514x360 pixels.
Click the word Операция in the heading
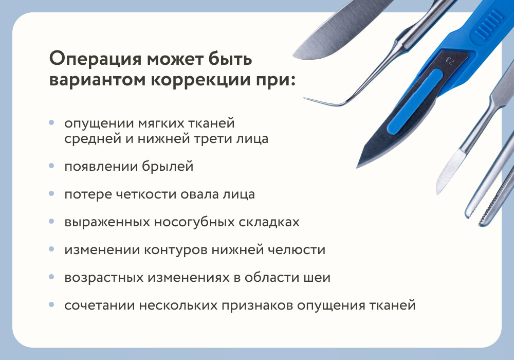(96, 59)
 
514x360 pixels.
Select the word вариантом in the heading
(97, 80)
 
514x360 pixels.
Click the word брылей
(168, 167)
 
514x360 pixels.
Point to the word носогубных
(194, 222)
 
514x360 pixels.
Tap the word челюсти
(297, 250)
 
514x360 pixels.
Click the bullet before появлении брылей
(51, 166)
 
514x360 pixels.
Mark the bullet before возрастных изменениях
(51, 277)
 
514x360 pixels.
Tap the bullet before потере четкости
(51, 194)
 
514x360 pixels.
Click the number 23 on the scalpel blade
(449, 61)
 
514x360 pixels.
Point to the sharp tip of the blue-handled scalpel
(357, 167)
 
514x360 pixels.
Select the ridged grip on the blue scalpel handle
(488, 23)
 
